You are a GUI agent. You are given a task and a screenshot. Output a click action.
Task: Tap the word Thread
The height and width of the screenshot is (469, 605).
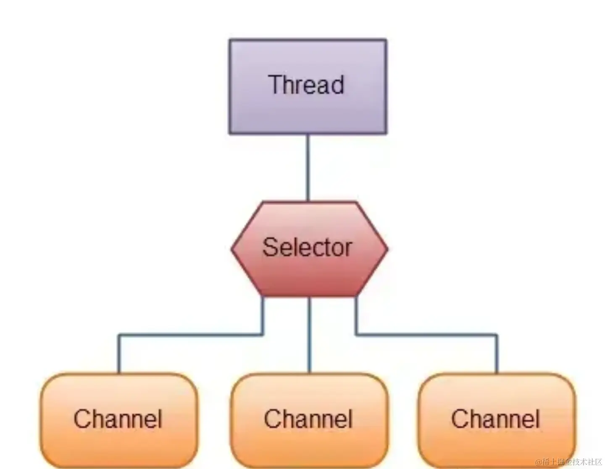pyautogui.click(x=306, y=84)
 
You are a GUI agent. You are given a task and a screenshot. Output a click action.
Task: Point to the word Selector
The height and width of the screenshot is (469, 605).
pyautogui.click(x=307, y=247)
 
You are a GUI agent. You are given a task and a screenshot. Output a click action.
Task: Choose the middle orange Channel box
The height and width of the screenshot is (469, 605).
pyautogui.click(x=309, y=441)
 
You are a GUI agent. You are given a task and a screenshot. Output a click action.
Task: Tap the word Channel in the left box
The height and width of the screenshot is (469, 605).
pyautogui.click(x=118, y=419)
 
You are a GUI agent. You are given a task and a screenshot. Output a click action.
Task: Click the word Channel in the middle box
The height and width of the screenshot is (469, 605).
pyautogui.click(x=308, y=419)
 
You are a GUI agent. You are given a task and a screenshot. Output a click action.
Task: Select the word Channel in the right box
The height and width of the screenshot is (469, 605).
pyautogui.click(x=495, y=419)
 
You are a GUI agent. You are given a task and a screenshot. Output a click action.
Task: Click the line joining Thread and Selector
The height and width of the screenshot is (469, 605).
pyautogui.click(x=308, y=168)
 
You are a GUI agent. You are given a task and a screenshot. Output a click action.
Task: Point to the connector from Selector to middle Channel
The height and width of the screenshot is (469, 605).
pyautogui.click(x=309, y=336)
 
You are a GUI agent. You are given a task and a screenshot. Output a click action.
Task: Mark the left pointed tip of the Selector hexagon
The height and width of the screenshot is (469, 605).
pyautogui.click(x=232, y=249)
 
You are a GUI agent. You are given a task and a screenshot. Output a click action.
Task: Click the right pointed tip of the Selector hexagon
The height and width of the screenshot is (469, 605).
pyautogui.click(x=387, y=249)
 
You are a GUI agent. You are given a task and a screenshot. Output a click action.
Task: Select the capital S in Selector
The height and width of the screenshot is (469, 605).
pyautogui.click(x=270, y=247)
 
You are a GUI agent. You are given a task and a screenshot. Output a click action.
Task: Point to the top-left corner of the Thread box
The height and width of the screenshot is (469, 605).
pyautogui.click(x=230, y=40)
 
